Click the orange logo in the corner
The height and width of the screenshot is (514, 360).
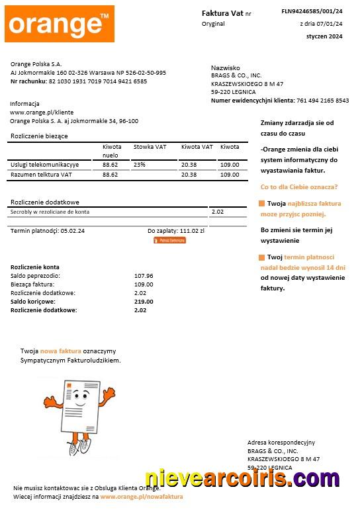pyautogui.click(x=59, y=24)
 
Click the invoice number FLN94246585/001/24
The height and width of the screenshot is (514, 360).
pyautogui.click(x=312, y=11)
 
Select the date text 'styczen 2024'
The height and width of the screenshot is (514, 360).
pyautogui.click(x=324, y=36)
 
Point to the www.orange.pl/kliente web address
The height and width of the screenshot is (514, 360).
pyautogui.click(x=42, y=112)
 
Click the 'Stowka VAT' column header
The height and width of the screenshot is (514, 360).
pyautogui.click(x=150, y=147)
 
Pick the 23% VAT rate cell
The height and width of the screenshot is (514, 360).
pyautogui.click(x=140, y=164)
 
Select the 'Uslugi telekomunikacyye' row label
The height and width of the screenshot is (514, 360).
pyautogui.click(x=45, y=164)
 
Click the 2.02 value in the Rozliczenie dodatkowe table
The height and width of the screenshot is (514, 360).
pyautogui.click(x=217, y=212)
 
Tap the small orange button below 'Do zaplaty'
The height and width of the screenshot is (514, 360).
pyautogui.click(x=169, y=240)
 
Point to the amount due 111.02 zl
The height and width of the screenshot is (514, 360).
pyautogui.click(x=192, y=231)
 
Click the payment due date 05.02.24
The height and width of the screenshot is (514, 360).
pyautogui.click(x=72, y=231)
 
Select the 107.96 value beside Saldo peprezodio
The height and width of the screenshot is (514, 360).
pyautogui.click(x=144, y=276)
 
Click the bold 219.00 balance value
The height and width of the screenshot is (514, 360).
pyautogui.click(x=144, y=302)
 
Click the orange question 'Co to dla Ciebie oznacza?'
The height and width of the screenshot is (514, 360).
pyautogui.click(x=299, y=187)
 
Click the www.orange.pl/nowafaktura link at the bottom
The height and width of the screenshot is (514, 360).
pyautogui.click(x=142, y=496)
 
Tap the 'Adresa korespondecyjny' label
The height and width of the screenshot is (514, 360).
pyautogui.click(x=281, y=442)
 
